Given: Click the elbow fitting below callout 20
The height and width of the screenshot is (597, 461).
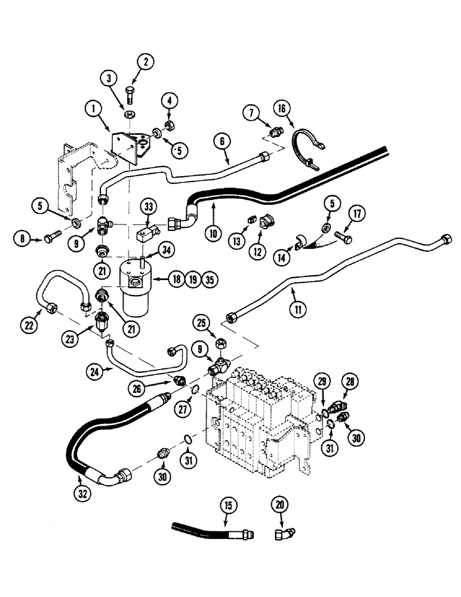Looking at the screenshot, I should point(281,533).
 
